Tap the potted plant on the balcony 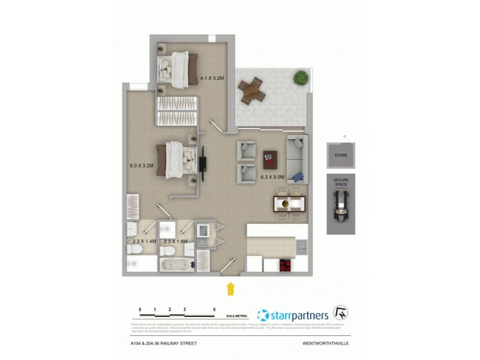tap(299, 77)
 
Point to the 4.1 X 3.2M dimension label tap(212, 78)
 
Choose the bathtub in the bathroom tap(177, 263)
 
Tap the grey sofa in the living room tap(297, 158)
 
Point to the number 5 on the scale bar tap(214, 310)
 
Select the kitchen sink tap(301, 244)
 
